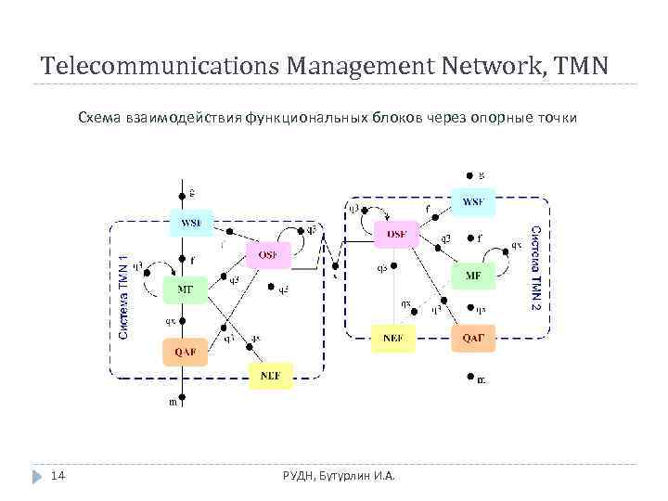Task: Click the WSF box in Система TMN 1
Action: [190, 222]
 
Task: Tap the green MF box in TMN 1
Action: [184, 289]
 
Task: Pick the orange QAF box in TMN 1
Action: [184, 353]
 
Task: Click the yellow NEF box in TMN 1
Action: [270, 376]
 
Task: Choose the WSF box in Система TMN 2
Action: [473, 201]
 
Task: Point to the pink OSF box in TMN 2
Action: [396, 235]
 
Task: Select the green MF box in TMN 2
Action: [473, 276]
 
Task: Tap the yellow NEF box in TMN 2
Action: [392, 338]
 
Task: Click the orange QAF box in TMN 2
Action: [473, 338]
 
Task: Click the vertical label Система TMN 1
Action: [124, 296]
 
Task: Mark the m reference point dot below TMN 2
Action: [469, 377]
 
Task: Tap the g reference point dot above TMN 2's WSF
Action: [469, 174]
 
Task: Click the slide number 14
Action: [57, 476]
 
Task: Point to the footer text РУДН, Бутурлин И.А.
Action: [339, 476]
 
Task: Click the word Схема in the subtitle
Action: [98, 118]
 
